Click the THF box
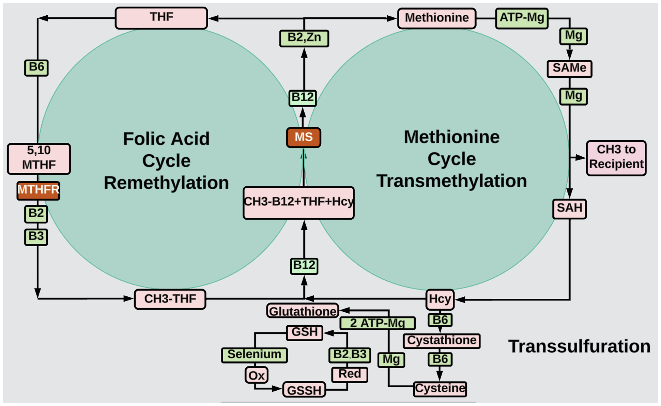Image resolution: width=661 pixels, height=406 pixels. coord(161,18)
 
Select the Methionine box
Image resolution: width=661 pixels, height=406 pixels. coord(436,18)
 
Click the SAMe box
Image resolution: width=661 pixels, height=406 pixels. coord(569,68)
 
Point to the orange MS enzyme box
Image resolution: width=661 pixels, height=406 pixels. coord(303,137)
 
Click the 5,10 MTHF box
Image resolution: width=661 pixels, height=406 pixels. coord(39,158)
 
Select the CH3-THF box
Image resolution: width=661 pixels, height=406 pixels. coord(170,299)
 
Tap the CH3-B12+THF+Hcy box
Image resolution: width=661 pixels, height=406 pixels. coord(298,202)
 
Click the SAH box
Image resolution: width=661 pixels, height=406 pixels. coord(569,208)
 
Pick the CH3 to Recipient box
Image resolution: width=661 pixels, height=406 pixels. coord(616,158)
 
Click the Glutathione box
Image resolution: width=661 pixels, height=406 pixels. coord(302,311)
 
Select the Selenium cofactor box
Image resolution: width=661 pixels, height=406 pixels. coord(254,355)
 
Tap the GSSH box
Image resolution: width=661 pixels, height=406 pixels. coord(304,390)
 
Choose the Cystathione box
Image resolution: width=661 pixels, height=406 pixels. coord(442,341)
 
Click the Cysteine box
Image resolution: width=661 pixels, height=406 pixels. coord(440,389)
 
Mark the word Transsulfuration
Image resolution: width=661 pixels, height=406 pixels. coord(579,347)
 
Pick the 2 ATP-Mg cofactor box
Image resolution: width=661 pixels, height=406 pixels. coord(377,323)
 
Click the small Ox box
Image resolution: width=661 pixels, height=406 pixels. coord(256,375)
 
